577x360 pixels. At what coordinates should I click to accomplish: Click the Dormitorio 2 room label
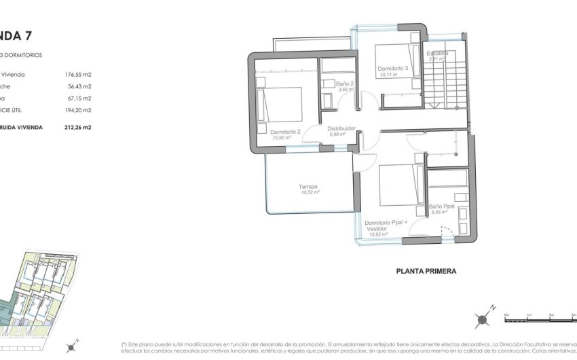click(x=284, y=132)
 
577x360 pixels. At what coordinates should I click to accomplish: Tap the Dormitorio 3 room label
click(x=393, y=69)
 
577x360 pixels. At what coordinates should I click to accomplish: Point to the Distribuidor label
click(x=342, y=128)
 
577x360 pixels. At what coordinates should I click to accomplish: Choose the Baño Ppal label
click(x=441, y=206)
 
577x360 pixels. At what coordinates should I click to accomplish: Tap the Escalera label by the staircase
click(x=437, y=53)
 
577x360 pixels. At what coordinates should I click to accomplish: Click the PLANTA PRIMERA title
click(x=426, y=270)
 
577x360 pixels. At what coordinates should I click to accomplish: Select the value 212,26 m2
click(x=77, y=127)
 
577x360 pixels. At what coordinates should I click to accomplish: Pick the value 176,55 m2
click(x=77, y=75)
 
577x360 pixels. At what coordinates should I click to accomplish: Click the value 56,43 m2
click(x=79, y=86)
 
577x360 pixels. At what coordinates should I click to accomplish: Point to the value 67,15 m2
click(x=79, y=98)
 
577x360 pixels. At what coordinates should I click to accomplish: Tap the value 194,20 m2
click(x=77, y=109)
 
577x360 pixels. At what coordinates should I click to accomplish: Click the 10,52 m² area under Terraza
click(x=310, y=193)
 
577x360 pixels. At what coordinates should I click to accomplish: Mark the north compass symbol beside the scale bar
click(x=483, y=319)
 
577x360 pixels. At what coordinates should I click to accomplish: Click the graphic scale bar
click(x=539, y=317)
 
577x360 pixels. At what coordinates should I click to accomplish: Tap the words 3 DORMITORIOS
click(x=23, y=54)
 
